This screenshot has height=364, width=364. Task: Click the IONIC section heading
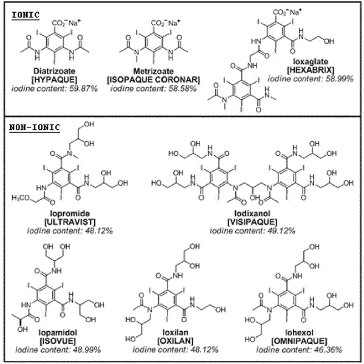click(x=25, y=15)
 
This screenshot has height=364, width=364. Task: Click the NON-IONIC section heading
click(x=35, y=127)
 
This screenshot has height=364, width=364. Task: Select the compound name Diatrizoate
click(x=55, y=71)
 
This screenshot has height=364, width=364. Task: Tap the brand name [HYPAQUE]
click(x=55, y=79)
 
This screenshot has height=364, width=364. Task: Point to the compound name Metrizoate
click(x=153, y=71)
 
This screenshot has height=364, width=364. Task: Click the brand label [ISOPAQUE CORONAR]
click(x=153, y=79)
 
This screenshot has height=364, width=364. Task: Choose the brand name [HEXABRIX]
click(x=311, y=70)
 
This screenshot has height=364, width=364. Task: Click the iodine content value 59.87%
click(x=84, y=89)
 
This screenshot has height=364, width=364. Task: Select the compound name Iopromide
click(x=70, y=214)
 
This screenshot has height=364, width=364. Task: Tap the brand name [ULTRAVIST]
click(x=70, y=222)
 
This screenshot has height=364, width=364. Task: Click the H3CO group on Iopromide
click(x=21, y=198)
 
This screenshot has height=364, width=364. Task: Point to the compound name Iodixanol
click(x=252, y=214)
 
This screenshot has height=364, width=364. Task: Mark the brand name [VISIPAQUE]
click(x=252, y=222)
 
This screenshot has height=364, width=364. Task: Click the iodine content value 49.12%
click(x=281, y=231)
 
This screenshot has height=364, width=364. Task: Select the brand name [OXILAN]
click(x=175, y=341)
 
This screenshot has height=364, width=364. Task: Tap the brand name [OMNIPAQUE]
click(x=299, y=341)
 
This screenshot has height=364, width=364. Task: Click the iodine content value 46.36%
click(x=328, y=350)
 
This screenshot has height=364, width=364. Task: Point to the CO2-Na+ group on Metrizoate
click(x=166, y=23)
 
